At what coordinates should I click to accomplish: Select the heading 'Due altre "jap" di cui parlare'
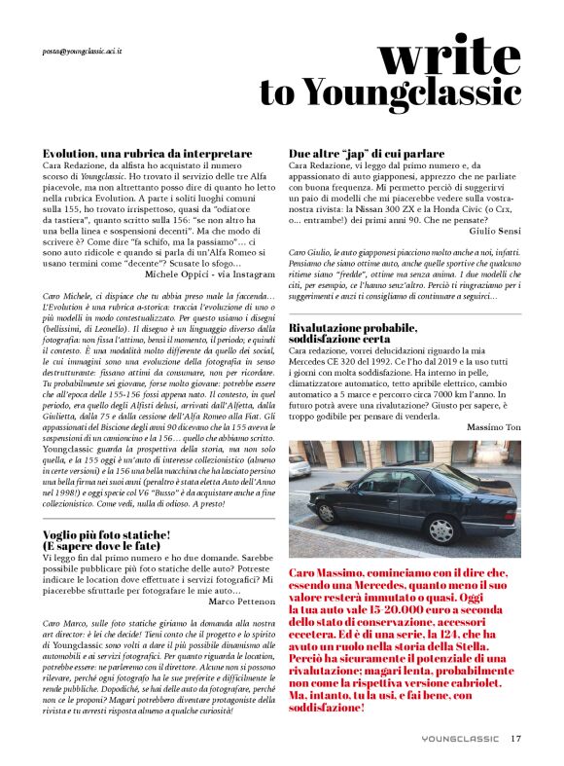click(367, 154)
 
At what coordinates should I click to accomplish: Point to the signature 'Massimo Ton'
click(493, 427)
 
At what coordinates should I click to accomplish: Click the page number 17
click(516, 737)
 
